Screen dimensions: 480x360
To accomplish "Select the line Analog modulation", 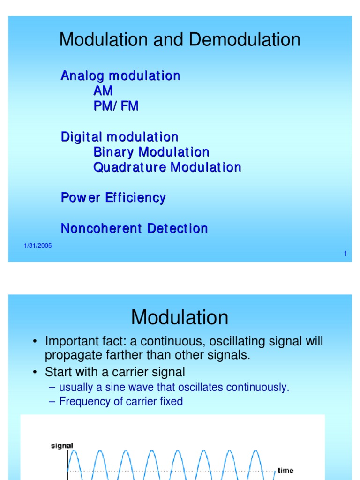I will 120,76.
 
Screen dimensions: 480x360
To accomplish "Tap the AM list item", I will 103,91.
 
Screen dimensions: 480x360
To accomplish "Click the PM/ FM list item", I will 116,106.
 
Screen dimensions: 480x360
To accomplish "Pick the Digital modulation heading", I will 120,137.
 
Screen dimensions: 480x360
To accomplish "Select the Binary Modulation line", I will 151,152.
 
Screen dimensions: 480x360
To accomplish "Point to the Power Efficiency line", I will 113,197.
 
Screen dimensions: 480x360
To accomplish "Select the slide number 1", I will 345,254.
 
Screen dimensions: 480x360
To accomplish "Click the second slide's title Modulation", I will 180,317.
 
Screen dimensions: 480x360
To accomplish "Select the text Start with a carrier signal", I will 115,372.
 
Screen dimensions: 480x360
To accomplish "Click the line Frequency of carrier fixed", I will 120,401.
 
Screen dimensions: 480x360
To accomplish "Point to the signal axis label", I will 62,445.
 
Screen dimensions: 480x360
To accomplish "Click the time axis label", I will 285,470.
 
